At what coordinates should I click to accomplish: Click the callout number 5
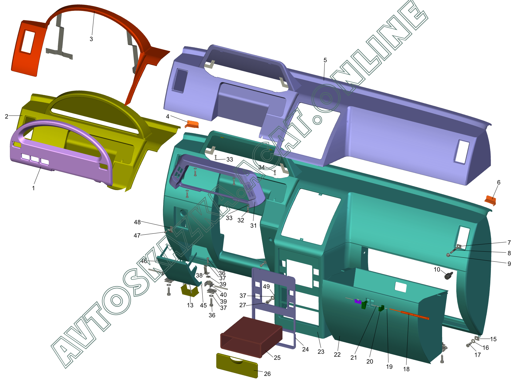pos(325,60)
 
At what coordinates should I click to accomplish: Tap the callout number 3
pos(91,39)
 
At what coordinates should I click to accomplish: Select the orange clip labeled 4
pos(192,124)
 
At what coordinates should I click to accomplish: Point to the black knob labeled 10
pos(448,276)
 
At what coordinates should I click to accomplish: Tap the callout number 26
pos(267,374)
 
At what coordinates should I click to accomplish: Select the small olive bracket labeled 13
pos(190,290)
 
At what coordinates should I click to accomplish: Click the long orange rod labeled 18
pos(409,314)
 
